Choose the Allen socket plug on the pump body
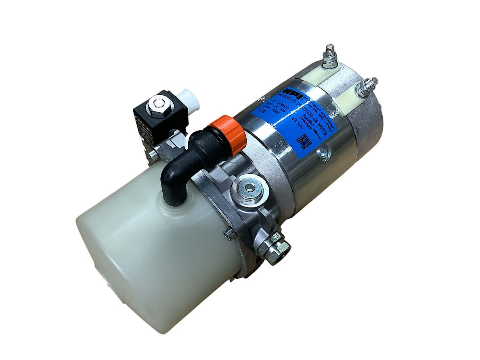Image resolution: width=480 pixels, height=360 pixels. (x=249, y=188)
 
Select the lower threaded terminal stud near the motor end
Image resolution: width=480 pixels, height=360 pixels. (x=368, y=86)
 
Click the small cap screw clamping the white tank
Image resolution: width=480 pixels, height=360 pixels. (x=229, y=233)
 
